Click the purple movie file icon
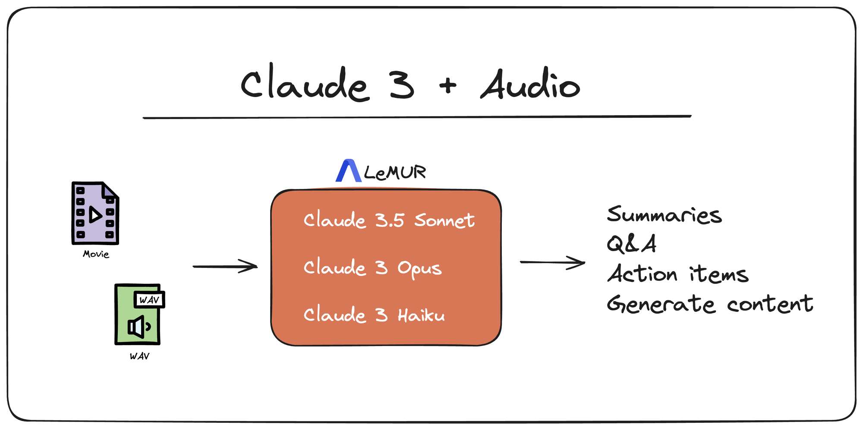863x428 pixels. pos(95,213)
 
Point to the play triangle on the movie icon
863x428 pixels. pos(95,214)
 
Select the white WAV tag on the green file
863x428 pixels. pos(149,299)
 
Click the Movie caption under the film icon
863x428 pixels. pos(96,254)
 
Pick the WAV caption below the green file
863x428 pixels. pos(139,356)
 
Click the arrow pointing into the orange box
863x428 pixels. pos(225,266)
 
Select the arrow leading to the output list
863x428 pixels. pos(552,262)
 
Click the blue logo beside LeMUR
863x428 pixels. pos(349,170)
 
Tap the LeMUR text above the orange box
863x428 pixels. pos(395,173)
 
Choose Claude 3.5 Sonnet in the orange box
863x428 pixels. pos(389,220)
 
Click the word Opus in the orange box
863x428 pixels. pos(419,268)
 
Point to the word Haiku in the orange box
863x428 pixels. pos(421,315)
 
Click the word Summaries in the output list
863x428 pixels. pos(664,214)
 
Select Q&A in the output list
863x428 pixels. pos(631,244)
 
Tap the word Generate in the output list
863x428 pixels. pos(661,304)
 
